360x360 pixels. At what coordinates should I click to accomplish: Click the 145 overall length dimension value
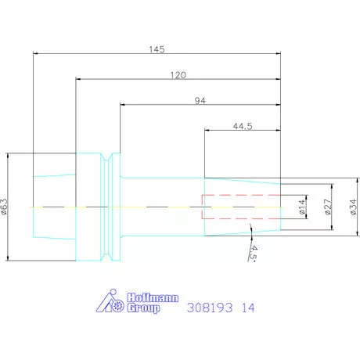(157, 49)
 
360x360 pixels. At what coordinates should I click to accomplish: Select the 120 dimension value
(178, 75)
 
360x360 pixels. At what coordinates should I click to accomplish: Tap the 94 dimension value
(200, 100)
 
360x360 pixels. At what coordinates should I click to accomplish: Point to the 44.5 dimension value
(243, 126)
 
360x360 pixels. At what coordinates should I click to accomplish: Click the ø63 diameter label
(5, 207)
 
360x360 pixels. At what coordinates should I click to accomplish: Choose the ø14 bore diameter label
(302, 207)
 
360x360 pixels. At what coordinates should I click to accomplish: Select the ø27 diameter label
(328, 207)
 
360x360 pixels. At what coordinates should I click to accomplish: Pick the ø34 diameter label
(354, 207)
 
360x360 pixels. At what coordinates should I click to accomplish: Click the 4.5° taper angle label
(253, 253)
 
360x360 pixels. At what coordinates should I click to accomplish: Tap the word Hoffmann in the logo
(153, 297)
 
